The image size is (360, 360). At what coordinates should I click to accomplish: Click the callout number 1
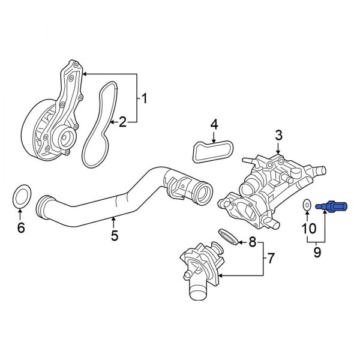tap(144, 98)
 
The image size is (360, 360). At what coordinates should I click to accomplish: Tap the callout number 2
tap(122, 122)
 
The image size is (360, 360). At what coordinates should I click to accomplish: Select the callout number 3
tap(278, 136)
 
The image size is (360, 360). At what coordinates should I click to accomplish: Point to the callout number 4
tap(214, 125)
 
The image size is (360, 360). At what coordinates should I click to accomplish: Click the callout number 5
tap(114, 235)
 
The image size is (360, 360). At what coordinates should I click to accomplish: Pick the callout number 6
tap(21, 228)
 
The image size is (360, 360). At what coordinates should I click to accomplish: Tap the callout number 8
tap(252, 242)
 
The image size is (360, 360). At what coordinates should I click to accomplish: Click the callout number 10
tap(307, 228)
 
